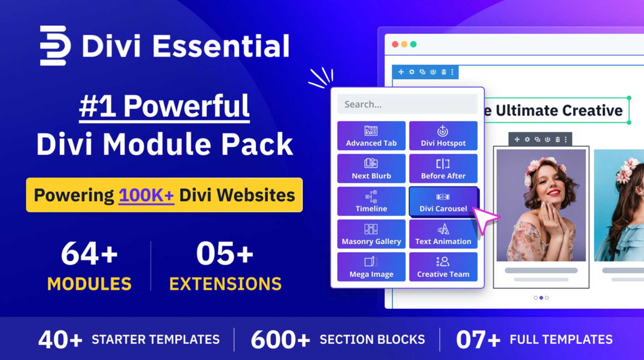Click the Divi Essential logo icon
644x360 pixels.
tap(54, 45)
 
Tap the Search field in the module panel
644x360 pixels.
tap(407, 104)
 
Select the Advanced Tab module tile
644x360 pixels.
tap(371, 136)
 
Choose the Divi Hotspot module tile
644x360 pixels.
tap(443, 136)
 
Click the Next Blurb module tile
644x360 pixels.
tap(371, 169)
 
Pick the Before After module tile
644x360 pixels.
tap(443, 169)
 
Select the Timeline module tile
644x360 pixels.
tap(371, 201)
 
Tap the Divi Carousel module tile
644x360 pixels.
tap(443, 201)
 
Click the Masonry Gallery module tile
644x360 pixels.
tap(371, 234)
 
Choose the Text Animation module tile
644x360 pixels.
tap(443, 234)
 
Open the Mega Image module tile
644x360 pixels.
tap(371, 267)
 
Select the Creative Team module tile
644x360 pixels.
tap(443, 267)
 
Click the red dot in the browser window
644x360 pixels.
tap(395, 44)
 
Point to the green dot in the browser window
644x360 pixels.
tap(413, 44)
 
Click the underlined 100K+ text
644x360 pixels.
tap(146, 195)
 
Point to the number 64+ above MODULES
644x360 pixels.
tap(89, 254)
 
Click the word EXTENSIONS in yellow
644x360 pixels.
tap(225, 284)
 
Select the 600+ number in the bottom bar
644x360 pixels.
tap(280, 340)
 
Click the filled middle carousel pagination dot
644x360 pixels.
tap(541, 298)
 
